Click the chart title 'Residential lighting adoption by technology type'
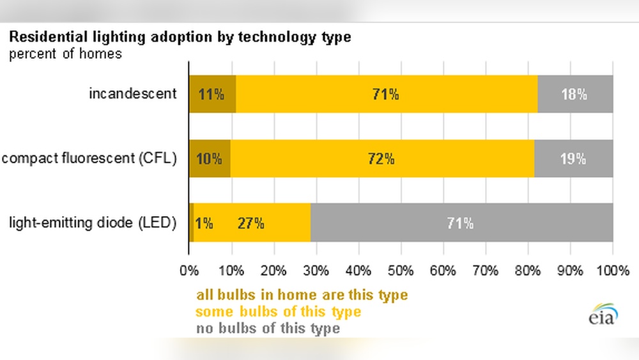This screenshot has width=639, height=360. point(180,37)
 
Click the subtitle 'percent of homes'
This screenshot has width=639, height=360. point(65,54)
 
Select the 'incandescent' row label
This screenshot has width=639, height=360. point(132,93)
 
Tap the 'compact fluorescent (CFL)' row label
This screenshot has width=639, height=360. point(89,159)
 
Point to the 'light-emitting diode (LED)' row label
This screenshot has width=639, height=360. point(92,223)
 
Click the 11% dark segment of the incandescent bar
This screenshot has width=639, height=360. point(212,94)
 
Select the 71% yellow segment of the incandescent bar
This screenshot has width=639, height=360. point(386,94)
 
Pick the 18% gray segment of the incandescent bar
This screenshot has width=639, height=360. point(574,94)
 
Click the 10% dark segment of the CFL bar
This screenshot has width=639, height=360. point(210,159)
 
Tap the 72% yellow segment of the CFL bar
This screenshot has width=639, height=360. point(381,159)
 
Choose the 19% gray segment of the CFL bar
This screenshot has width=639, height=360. point(573,159)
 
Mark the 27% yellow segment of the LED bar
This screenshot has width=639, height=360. point(251,223)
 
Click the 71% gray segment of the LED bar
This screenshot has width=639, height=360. point(461,223)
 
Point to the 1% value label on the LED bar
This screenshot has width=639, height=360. point(204,223)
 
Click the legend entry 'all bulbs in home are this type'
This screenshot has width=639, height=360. point(302,295)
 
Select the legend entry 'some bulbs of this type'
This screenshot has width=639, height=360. point(278,312)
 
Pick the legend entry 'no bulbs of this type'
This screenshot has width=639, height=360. point(268,329)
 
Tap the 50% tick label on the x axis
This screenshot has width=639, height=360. point(401,270)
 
